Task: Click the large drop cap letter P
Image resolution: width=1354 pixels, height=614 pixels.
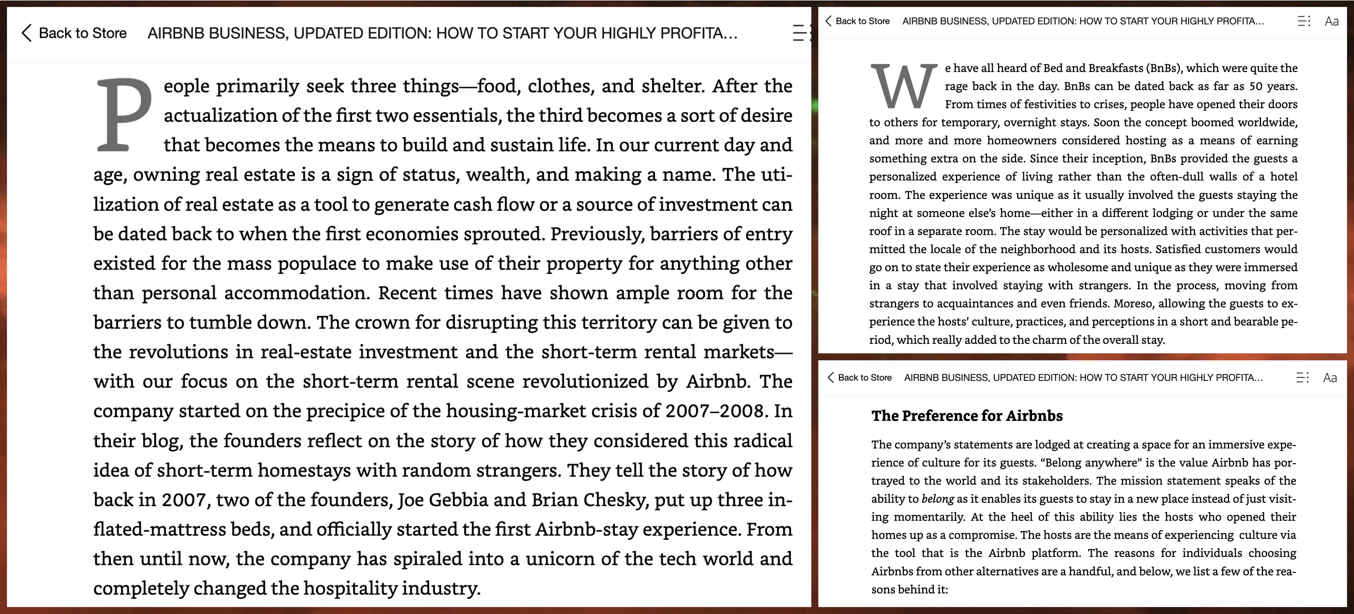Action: pos(124,115)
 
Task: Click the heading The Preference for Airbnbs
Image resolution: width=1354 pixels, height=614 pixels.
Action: pos(967,416)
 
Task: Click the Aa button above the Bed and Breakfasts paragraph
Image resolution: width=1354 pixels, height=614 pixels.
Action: pos(1332,21)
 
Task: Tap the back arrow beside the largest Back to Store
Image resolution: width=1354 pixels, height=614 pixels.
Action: pos(26,33)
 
